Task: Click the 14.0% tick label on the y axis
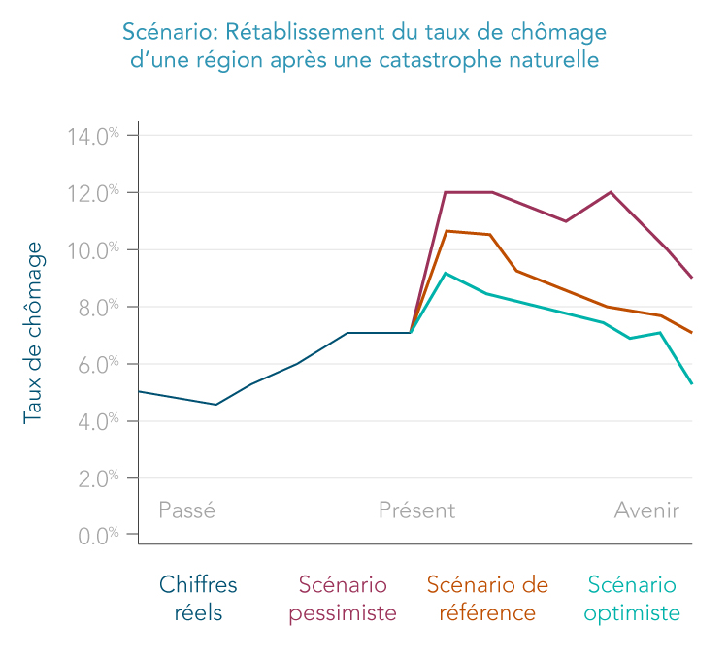(x=93, y=137)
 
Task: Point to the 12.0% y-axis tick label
(x=93, y=193)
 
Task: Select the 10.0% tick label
(x=93, y=250)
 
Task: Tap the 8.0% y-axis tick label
(x=98, y=308)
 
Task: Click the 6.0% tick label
(x=98, y=365)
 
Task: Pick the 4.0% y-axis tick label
(x=98, y=422)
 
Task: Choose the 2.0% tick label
(x=98, y=478)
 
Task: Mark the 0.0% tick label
(x=98, y=536)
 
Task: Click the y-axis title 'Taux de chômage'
(x=32, y=333)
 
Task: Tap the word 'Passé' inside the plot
(x=187, y=510)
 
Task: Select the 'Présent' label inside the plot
(x=417, y=510)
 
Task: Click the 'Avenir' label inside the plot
(x=646, y=510)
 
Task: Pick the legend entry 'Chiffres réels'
(x=198, y=599)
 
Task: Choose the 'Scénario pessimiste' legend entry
(x=343, y=600)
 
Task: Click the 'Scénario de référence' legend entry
(x=487, y=599)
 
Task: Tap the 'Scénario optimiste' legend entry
(x=632, y=600)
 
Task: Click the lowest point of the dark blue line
(x=215, y=405)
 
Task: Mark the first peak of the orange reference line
(x=446, y=231)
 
